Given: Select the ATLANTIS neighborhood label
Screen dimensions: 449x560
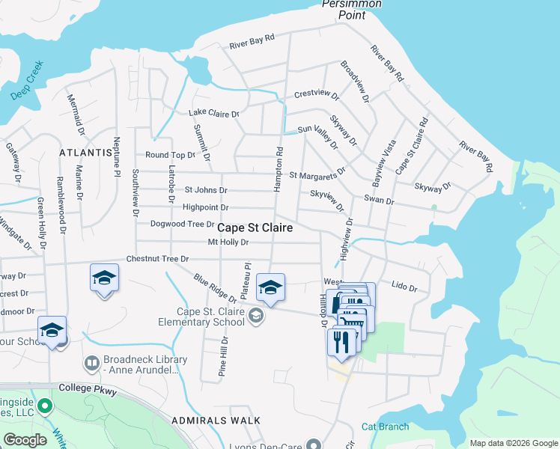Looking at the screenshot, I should pos(85,152).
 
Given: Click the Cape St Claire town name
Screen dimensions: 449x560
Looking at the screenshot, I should pos(255,227).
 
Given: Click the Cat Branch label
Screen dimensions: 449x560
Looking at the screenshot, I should pos(385,427).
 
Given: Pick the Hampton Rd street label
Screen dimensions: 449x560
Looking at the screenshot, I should pos(279,169).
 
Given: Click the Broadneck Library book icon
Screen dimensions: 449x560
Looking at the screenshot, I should pos(92,363).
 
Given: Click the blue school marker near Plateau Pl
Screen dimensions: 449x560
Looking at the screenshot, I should pos(270,287).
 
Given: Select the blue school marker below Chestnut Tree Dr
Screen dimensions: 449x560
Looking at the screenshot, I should pos(104,278).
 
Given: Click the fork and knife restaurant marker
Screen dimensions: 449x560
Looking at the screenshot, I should pos(341,341).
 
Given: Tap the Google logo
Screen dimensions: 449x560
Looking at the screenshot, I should pos(25,440).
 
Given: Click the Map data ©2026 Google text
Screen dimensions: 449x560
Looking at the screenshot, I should pos(513,443).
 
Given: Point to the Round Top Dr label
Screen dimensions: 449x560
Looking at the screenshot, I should pos(170,155).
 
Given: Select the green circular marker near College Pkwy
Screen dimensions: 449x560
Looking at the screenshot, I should pos(45,407).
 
